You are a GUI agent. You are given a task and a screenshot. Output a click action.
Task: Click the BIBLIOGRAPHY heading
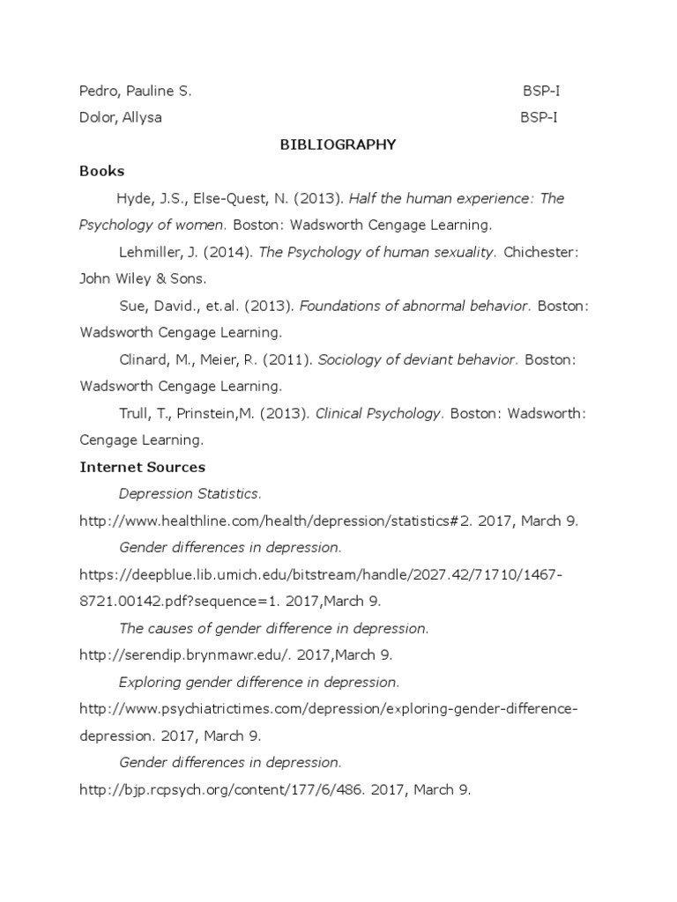[x=338, y=144]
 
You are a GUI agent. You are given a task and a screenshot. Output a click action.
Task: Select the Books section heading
[x=101, y=171]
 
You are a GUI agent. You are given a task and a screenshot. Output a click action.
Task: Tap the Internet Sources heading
[x=142, y=467]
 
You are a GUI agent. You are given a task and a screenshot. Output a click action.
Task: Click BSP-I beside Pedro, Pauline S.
[x=539, y=91]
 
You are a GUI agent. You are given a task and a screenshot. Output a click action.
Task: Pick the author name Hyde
[x=135, y=198]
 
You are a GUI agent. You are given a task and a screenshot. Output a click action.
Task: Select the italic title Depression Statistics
[x=190, y=494]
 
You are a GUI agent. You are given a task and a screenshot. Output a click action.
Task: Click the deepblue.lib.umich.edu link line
[x=320, y=574]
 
